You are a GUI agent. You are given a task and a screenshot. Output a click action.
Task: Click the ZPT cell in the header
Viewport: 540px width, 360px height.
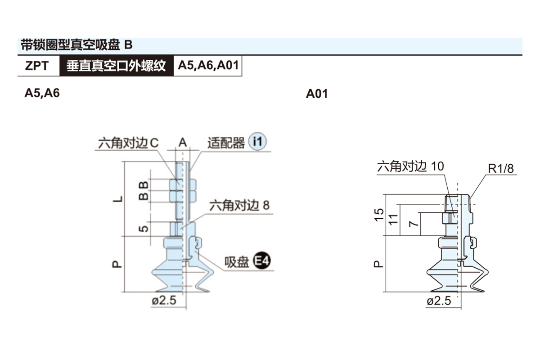pyautogui.click(x=37, y=66)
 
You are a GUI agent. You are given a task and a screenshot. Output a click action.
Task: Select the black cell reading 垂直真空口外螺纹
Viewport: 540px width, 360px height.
pyautogui.click(x=117, y=66)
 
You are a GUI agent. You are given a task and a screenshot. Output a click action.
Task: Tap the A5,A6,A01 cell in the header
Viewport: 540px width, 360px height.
pyautogui.click(x=207, y=66)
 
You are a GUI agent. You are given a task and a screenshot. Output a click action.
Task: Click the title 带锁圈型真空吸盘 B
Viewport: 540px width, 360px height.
pyautogui.click(x=77, y=45)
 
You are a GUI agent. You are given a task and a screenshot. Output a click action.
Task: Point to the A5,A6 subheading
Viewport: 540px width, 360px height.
pyautogui.click(x=42, y=93)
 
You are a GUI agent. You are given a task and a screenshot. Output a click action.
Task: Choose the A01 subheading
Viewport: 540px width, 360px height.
pyautogui.click(x=317, y=94)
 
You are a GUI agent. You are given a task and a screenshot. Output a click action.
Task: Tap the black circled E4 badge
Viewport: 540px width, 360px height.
pyautogui.click(x=261, y=261)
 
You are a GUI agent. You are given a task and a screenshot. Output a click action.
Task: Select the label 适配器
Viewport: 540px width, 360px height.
pyautogui.click(x=226, y=143)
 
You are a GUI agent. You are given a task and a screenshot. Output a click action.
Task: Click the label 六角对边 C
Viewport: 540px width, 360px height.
pyautogui.click(x=128, y=143)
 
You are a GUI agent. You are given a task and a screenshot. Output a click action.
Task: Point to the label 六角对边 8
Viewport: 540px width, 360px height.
pyautogui.click(x=239, y=206)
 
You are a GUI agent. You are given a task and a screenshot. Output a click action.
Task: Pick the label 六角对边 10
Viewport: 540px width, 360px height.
pyautogui.click(x=410, y=166)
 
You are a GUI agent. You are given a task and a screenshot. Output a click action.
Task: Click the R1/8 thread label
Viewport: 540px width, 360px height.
pyautogui.click(x=500, y=169)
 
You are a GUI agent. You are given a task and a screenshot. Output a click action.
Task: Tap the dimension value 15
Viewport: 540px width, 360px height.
pyautogui.click(x=379, y=215)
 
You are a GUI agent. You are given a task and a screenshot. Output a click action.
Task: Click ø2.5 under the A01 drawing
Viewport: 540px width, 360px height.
pyautogui.click(x=438, y=301)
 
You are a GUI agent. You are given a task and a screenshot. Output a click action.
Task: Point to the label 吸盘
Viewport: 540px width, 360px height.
pyautogui.click(x=237, y=262)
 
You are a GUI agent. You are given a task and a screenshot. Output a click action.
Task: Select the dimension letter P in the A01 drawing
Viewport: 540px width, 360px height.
pyautogui.click(x=379, y=263)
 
